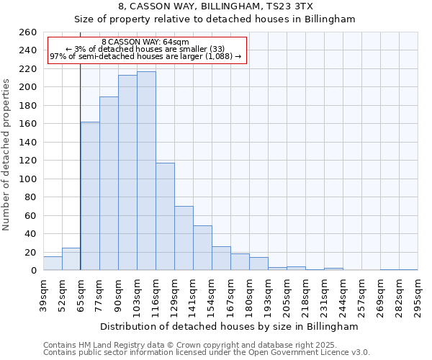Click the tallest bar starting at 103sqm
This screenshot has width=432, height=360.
coord(146,171)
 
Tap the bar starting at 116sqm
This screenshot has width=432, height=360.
coord(165,216)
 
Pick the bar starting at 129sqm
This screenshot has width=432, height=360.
coord(184,238)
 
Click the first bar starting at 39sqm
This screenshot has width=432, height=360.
coord(53,264)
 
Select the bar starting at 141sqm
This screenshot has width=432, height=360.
coord(202,248)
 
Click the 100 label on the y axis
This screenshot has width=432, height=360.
coord(29,179)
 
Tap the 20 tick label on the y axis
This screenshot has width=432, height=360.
coord(31,252)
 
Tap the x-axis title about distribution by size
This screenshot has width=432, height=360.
coord(230,326)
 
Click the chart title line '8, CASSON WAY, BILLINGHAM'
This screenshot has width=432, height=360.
coord(215,6)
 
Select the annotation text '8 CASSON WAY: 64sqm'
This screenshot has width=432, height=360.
coord(145,42)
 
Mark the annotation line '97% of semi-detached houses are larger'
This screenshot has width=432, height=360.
coord(145,57)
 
